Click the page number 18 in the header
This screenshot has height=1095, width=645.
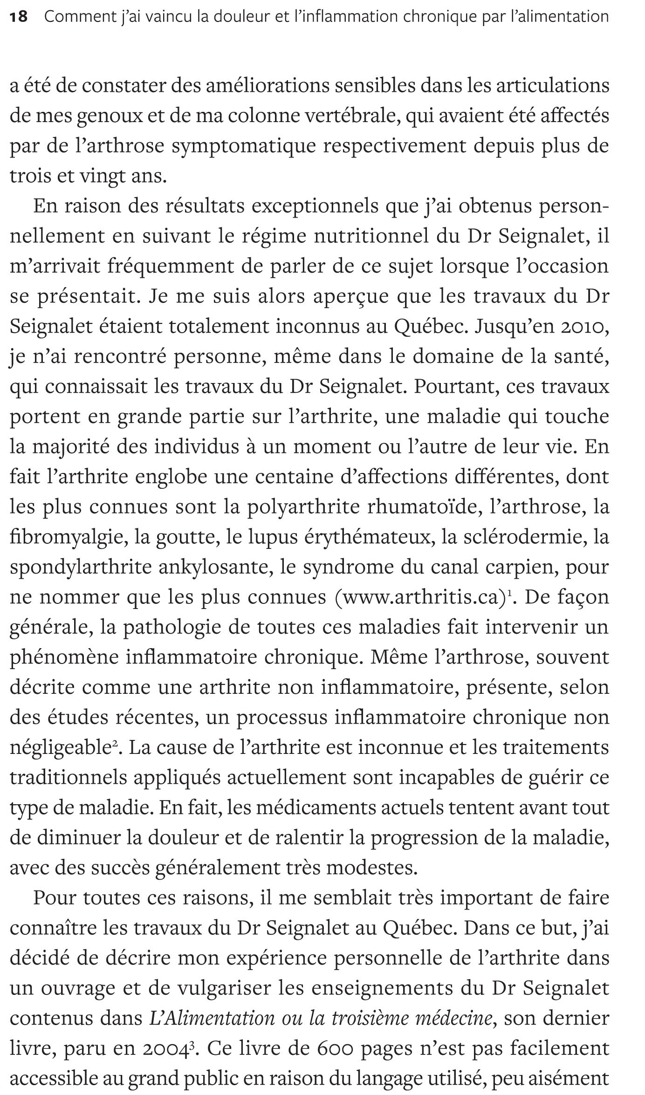[x=19, y=17]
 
